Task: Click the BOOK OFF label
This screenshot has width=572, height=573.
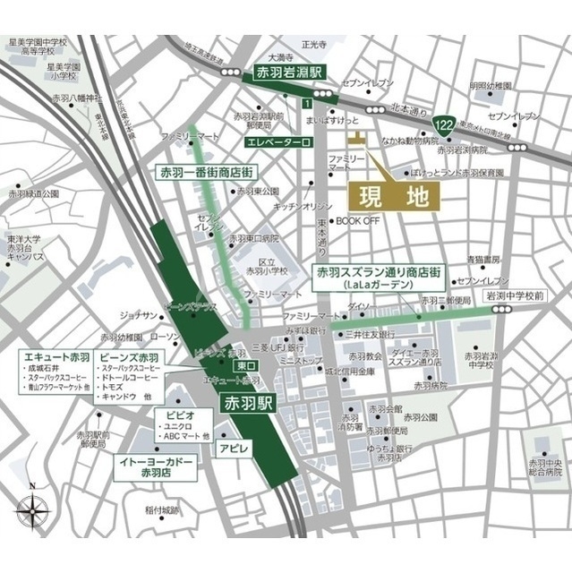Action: [358, 219]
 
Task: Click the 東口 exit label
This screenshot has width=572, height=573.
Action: [241, 367]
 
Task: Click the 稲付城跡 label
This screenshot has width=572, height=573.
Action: [162, 510]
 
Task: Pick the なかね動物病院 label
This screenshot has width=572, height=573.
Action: [410, 141]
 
